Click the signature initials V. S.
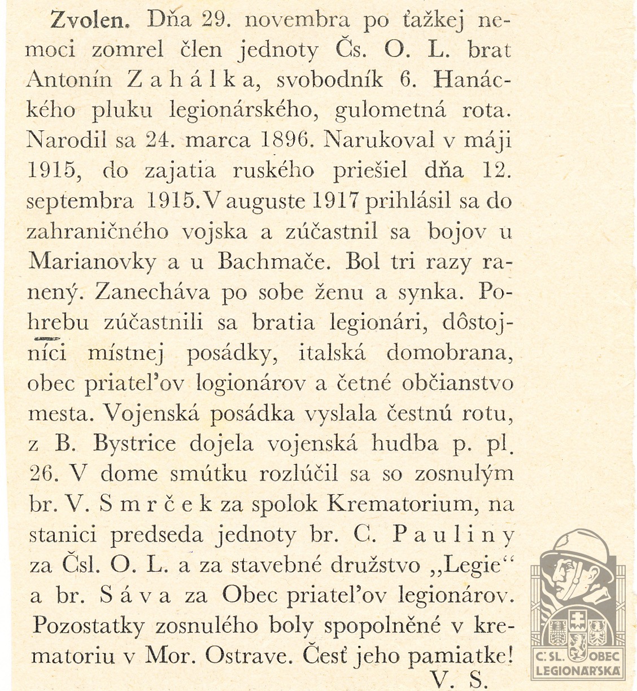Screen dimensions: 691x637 click(457, 677)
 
